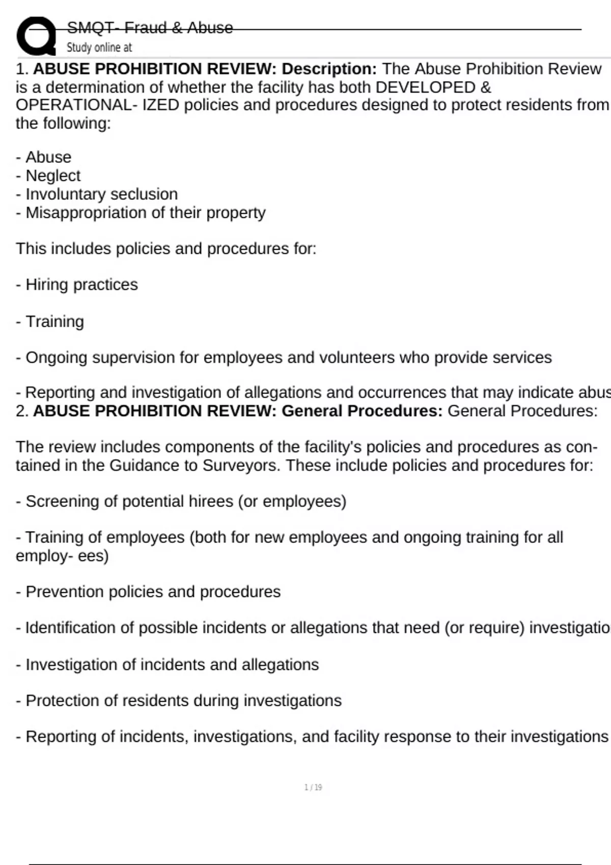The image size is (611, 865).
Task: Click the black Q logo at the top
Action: (x=36, y=36)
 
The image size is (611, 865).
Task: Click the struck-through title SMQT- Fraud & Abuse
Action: (x=150, y=27)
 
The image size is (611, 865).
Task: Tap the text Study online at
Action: (x=99, y=47)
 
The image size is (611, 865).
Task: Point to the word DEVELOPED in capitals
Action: (x=425, y=87)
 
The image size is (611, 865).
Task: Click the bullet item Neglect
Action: (x=53, y=176)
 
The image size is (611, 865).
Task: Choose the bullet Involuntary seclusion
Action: (x=101, y=194)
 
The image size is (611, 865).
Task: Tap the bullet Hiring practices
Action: (x=81, y=284)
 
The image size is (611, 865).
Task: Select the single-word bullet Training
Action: (x=54, y=322)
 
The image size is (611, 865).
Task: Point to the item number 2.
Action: (x=21, y=411)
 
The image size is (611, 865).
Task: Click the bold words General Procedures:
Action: (x=362, y=411)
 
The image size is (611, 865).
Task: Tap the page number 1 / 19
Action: (x=313, y=787)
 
